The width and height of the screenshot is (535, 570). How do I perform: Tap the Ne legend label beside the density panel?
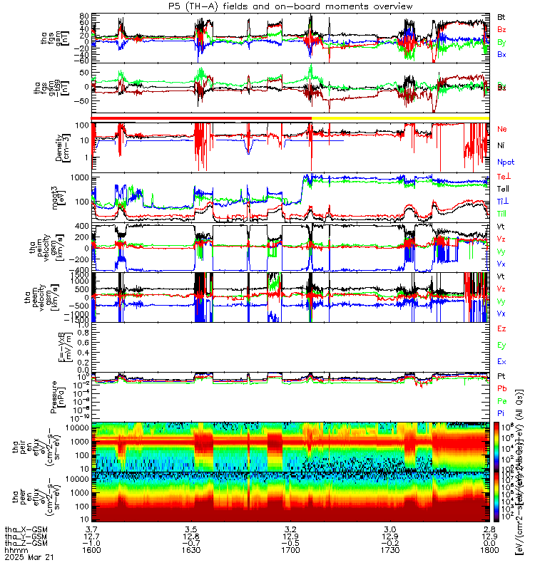(x=501, y=129)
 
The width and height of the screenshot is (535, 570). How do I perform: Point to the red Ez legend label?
(x=501, y=328)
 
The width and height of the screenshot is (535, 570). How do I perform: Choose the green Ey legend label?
(x=501, y=345)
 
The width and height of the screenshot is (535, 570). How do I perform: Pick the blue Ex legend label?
(x=501, y=362)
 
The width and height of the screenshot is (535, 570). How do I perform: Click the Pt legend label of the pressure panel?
(x=501, y=375)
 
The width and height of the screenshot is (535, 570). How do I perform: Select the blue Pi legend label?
(x=501, y=412)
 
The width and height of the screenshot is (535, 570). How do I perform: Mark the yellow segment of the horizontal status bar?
(x=399, y=118)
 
